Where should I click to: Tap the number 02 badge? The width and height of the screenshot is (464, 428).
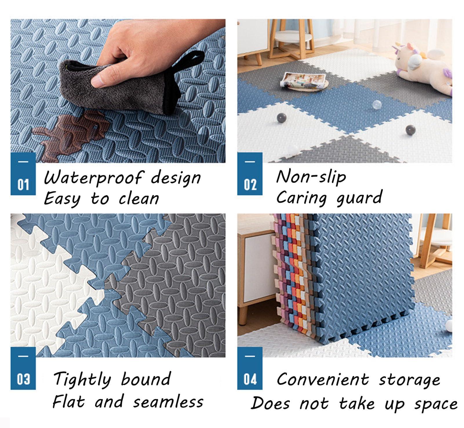[x=250, y=174]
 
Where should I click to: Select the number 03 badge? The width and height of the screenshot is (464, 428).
[x=23, y=368]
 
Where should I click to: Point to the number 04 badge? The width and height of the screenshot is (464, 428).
[x=250, y=368]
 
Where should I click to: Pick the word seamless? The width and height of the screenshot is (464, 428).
[x=168, y=402]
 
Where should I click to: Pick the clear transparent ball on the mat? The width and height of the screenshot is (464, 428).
[x=377, y=105]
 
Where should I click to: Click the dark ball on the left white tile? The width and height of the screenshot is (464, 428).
[x=282, y=118]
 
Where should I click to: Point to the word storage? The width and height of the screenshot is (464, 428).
[x=410, y=380]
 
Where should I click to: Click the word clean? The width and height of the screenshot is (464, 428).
[x=139, y=199]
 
